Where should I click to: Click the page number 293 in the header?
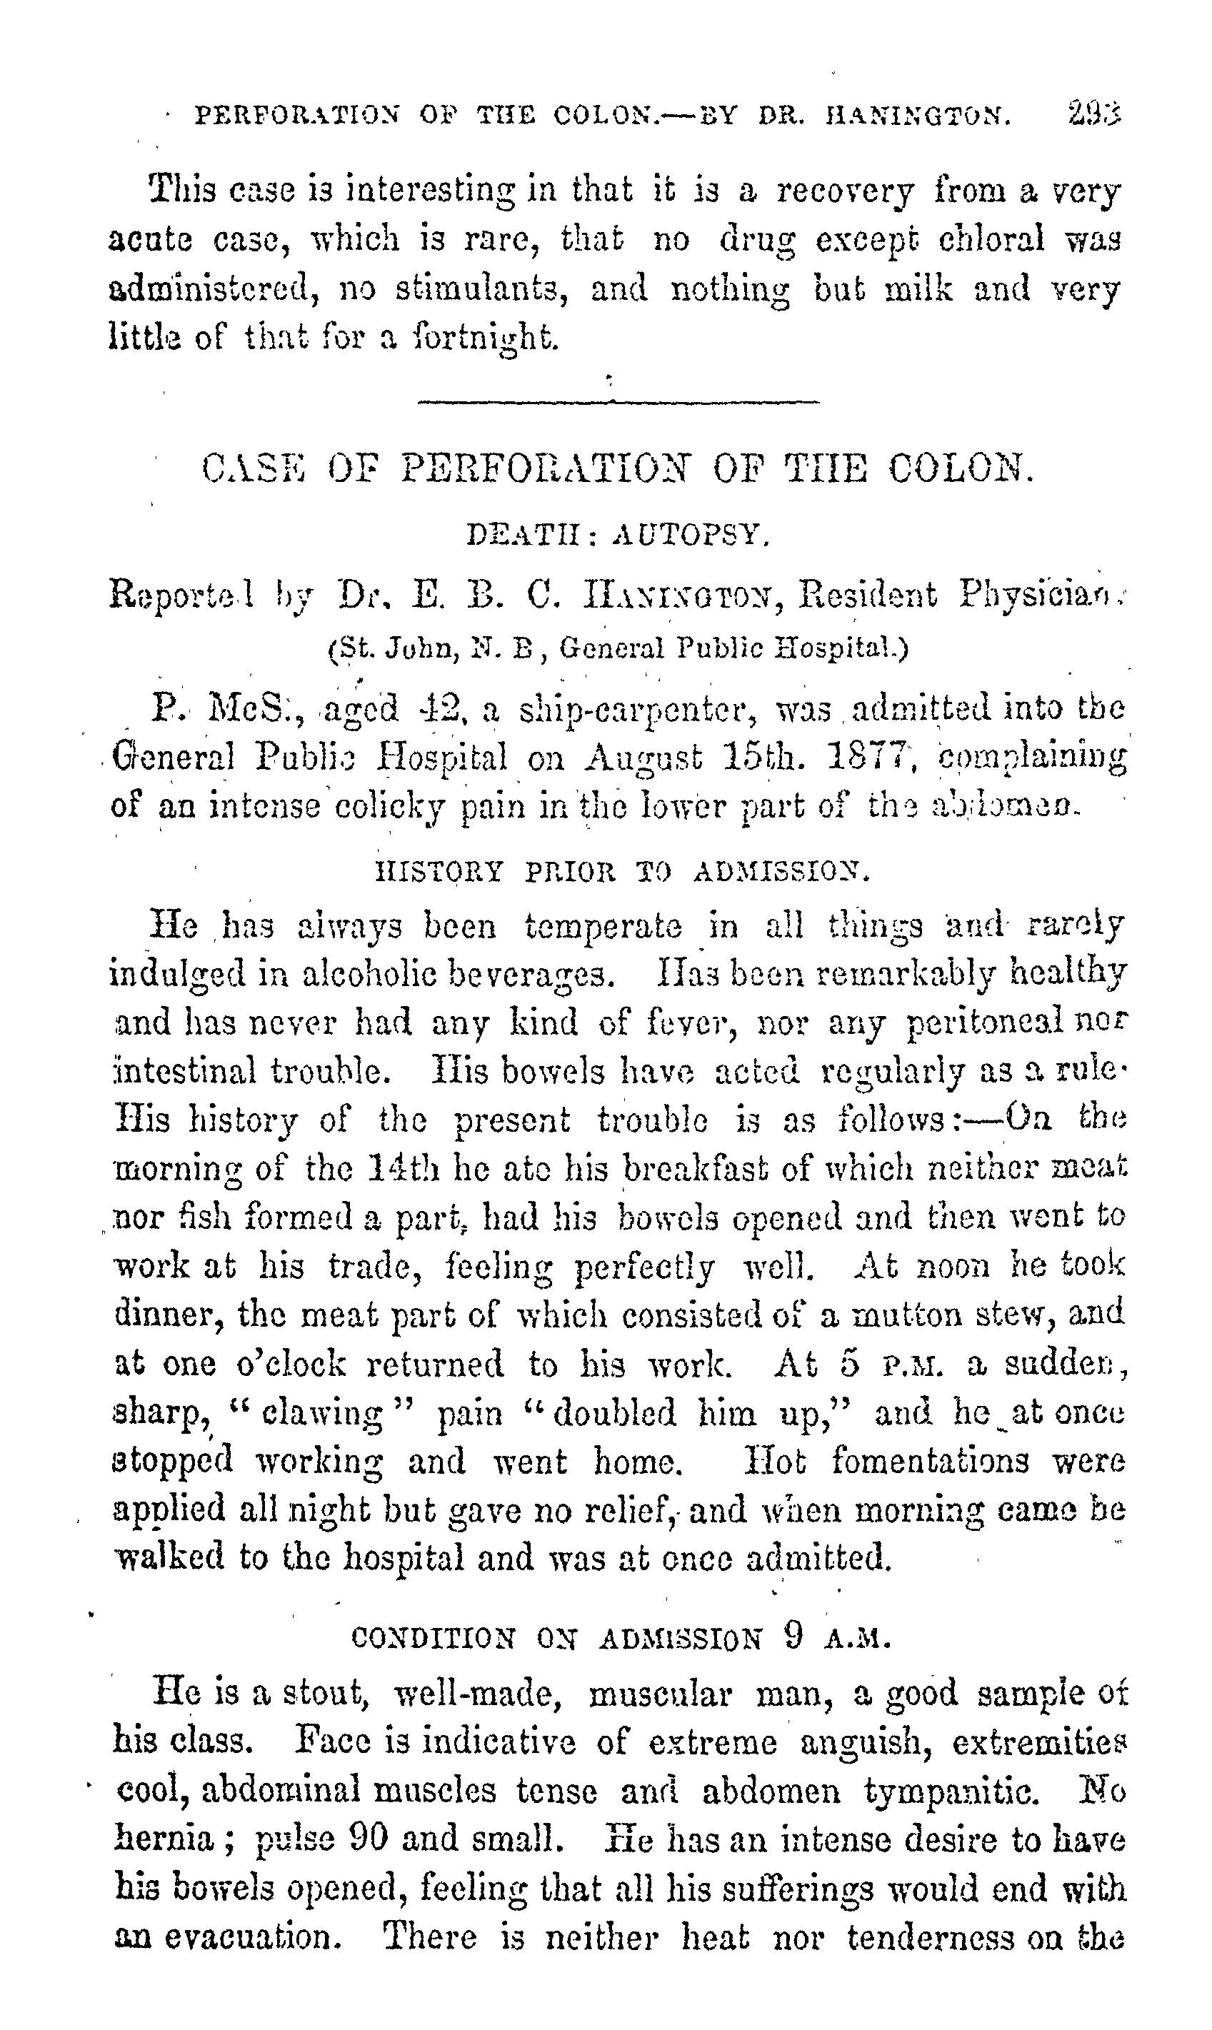pos(1093,114)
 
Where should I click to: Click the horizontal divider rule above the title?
pos(618,401)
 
